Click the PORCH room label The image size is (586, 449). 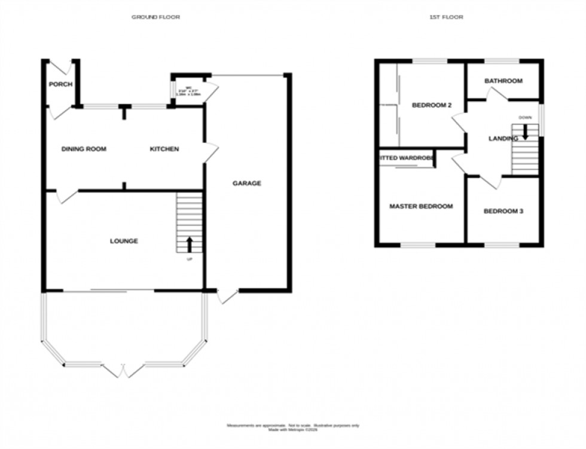[60, 84]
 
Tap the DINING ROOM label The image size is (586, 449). [84, 149]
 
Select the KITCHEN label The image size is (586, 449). [164, 149]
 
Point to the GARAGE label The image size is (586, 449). [246, 184]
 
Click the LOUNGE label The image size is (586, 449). [124, 241]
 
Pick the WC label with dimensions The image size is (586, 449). [188, 91]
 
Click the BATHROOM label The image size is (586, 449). [503, 81]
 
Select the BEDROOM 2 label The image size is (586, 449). [431, 105]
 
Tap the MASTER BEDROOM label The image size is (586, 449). [420, 206]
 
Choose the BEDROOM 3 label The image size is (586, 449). [503, 211]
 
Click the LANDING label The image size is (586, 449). [502, 139]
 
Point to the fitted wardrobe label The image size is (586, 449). [406, 158]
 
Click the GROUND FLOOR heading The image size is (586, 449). [155, 17]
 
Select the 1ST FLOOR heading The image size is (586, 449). [446, 17]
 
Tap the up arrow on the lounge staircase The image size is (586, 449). [190, 243]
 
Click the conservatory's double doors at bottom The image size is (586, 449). [123, 370]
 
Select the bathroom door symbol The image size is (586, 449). [498, 94]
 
